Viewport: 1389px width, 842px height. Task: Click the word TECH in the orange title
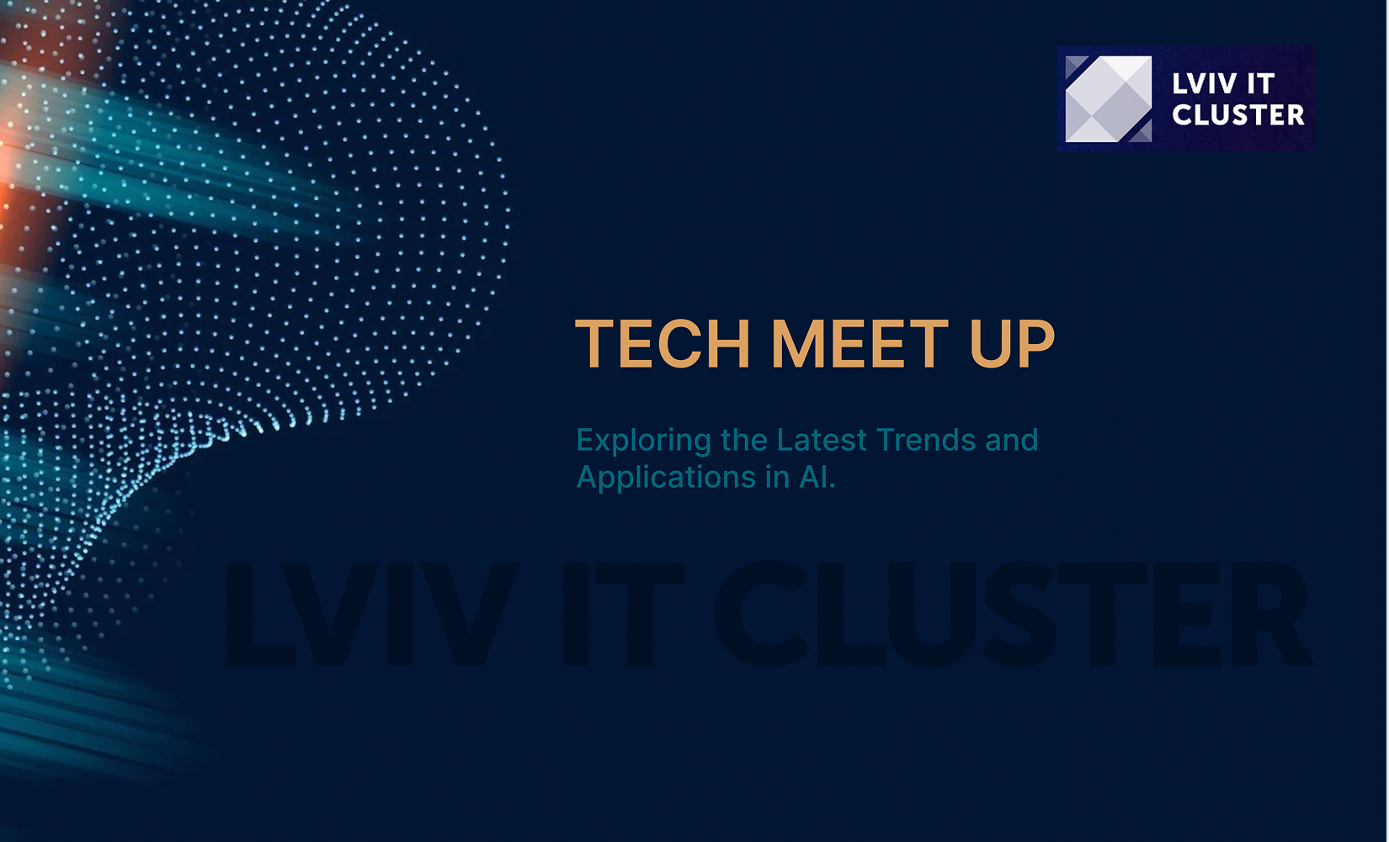click(663, 344)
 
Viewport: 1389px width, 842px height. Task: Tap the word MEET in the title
click(859, 344)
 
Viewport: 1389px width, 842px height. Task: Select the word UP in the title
click(1012, 344)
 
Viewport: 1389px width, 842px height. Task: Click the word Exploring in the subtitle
click(644, 442)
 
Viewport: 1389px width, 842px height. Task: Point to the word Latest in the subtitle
click(822, 441)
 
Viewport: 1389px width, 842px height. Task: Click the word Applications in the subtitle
click(666, 479)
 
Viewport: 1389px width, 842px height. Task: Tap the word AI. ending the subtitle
click(817, 478)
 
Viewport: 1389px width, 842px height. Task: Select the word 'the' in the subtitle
click(744, 441)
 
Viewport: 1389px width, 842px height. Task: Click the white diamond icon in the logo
click(1109, 99)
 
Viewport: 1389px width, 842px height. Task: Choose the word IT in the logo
click(1261, 84)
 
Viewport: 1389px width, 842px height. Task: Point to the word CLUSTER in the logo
click(1238, 115)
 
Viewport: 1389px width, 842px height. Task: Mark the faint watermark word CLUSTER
click(1014, 615)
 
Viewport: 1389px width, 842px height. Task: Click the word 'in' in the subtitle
click(777, 478)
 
